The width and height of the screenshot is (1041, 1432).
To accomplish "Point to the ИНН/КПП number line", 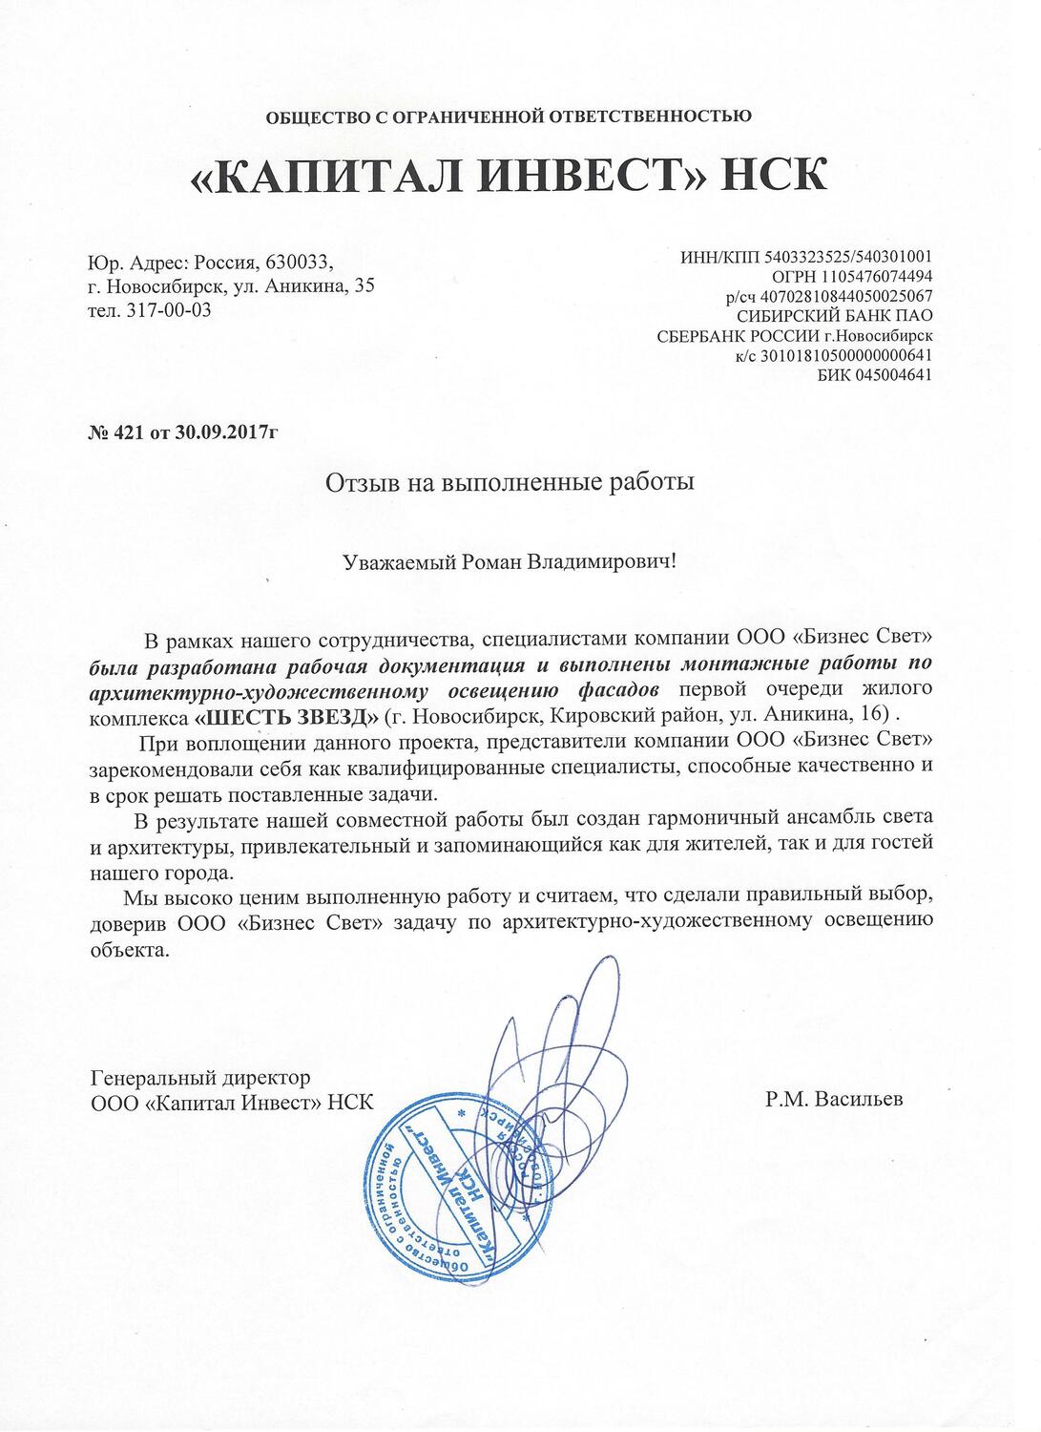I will [806, 257].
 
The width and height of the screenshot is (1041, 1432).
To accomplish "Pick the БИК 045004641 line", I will [875, 374].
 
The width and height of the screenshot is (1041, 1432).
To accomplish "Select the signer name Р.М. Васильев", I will [833, 1099].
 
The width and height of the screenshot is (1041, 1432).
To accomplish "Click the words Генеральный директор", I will [199, 1078].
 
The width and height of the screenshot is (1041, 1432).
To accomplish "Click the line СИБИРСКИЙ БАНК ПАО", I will [835, 315].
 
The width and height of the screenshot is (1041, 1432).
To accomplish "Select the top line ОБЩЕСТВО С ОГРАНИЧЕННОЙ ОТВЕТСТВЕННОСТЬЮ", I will [509, 116].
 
